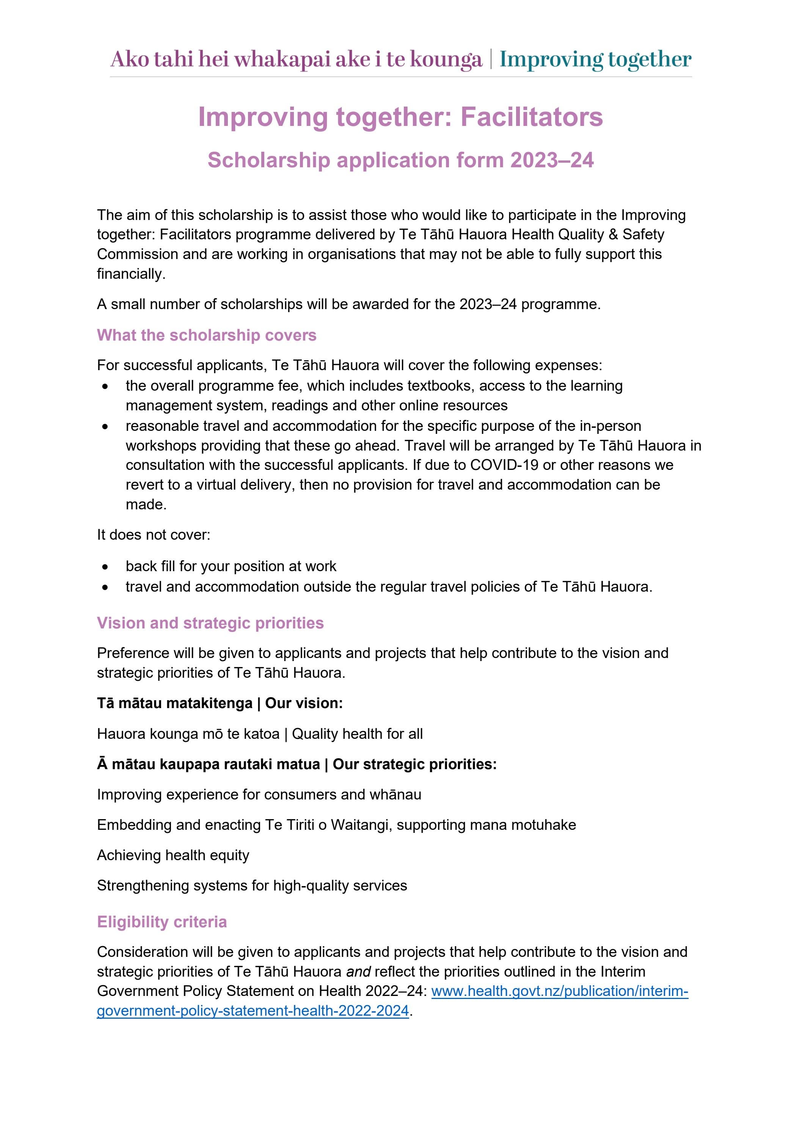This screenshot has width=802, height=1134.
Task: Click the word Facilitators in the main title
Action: coord(532,118)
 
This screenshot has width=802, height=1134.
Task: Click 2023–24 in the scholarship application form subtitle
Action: coord(552,160)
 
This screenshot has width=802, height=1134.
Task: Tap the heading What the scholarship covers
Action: coord(206,335)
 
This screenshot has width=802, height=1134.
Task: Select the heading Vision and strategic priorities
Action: coord(210,623)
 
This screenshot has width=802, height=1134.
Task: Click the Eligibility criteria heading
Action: coord(162,922)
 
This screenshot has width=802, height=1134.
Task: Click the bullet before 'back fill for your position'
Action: coord(105,567)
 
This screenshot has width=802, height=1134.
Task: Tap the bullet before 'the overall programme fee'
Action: coord(105,386)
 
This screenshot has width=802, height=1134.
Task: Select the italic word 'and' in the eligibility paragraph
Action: coord(358,972)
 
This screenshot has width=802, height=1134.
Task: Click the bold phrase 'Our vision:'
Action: coord(304,703)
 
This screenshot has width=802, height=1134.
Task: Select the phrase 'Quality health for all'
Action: coord(357,733)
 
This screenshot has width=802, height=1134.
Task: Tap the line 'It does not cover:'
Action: coord(154,535)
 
